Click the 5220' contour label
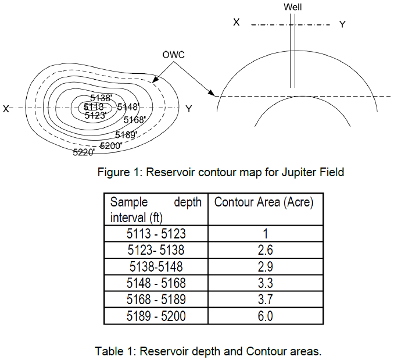(84, 152)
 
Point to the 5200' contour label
(110, 145)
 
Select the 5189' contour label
(126, 135)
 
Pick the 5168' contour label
(135, 120)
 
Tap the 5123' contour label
(95, 116)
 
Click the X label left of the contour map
(6, 108)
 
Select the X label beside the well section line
(237, 22)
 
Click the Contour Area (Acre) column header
(264, 202)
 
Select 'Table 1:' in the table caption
(112, 351)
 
